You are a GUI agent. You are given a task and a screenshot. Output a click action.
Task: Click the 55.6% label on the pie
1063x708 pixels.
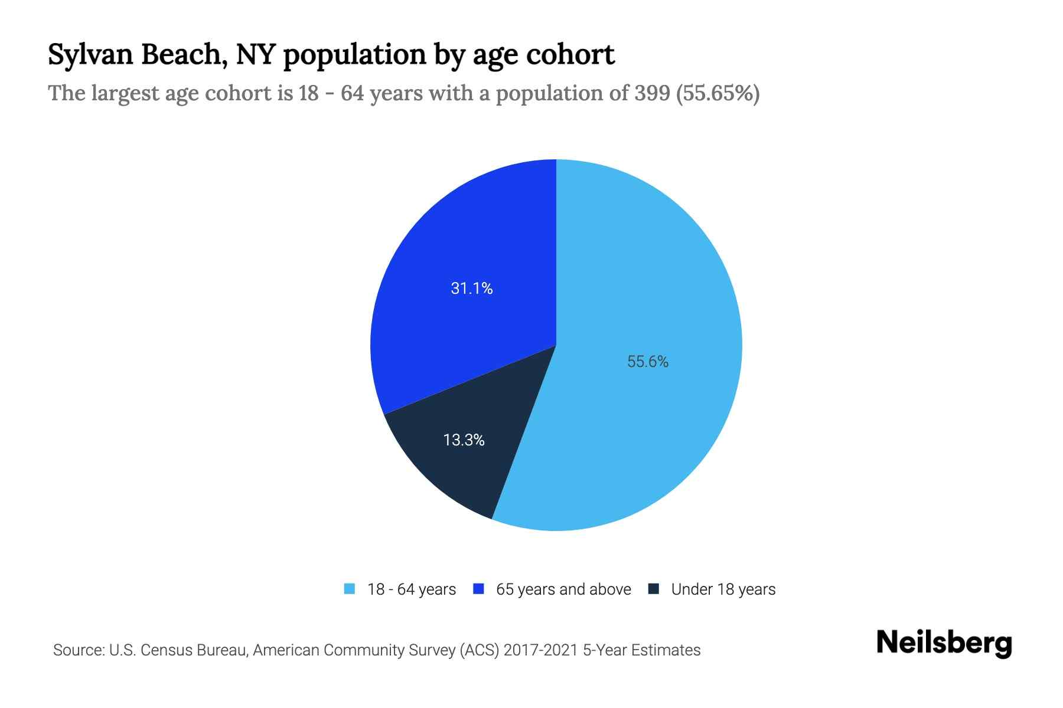click(648, 362)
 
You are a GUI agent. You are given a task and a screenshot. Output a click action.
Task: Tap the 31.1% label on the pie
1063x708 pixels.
click(471, 288)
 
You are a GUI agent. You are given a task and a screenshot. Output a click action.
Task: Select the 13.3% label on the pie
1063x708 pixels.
click(464, 440)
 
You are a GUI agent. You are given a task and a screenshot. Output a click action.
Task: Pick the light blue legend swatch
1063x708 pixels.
click(350, 589)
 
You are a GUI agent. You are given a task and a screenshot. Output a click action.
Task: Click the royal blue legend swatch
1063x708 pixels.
click(478, 589)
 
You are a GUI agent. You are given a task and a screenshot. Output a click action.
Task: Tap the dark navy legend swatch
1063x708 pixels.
click(653, 589)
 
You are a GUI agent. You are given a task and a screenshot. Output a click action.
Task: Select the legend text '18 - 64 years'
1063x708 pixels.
click(412, 589)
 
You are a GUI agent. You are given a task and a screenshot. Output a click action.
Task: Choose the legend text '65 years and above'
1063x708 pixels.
click(563, 589)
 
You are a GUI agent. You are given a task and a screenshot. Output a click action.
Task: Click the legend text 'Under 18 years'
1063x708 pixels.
click(723, 589)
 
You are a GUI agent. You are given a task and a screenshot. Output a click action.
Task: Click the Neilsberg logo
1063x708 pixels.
click(944, 643)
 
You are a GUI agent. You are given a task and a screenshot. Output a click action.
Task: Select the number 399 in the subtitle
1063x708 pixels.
click(653, 93)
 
